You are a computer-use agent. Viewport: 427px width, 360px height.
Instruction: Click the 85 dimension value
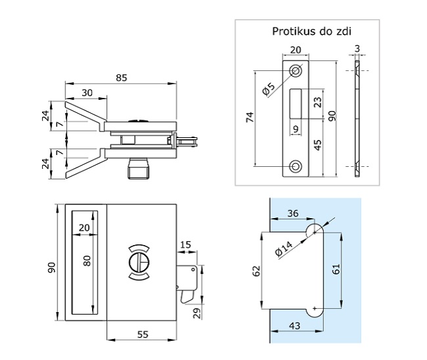(x=122, y=78)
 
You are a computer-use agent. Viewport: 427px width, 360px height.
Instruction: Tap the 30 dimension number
(x=87, y=93)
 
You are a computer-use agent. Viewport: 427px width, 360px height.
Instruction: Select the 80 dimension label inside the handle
(x=85, y=261)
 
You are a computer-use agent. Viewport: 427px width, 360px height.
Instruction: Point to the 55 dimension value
(x=142, y=334)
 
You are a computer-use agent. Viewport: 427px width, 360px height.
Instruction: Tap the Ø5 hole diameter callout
(x=269, y=89)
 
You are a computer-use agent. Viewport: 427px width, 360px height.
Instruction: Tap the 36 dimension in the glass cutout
(x=292, y=212)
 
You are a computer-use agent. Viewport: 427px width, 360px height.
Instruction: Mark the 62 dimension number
(x=257, y=269)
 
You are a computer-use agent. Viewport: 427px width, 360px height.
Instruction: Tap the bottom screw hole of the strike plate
(x=295, y=166)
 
